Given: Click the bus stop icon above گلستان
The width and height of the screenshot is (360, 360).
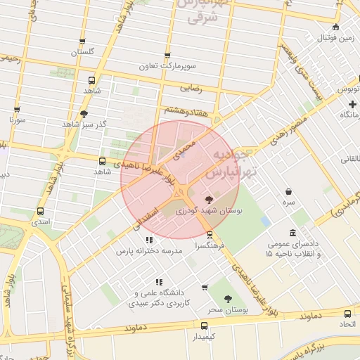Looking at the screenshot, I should tap(82, 41).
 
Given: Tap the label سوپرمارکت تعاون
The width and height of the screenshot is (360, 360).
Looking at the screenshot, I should tap(167, 66).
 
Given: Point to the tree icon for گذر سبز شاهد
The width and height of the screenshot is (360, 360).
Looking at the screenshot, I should tap(84, 112).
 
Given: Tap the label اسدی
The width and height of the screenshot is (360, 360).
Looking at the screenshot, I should tap(40, 221).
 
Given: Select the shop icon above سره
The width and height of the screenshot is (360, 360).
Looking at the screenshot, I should tap(288, 191).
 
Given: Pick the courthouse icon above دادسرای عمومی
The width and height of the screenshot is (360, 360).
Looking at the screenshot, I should tap(292, 233).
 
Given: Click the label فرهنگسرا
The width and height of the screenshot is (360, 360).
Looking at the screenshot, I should tap(210, 247).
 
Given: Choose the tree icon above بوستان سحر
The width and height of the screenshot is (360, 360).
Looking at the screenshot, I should tap(226, 300).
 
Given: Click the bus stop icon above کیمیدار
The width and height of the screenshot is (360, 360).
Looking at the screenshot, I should tap(204, 326).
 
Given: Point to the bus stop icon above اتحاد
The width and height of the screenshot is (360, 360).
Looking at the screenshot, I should tap(347, 314).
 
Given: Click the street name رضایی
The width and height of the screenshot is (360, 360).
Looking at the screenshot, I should tap(191, 89).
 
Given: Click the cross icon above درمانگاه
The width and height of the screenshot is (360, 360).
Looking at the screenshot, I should tap(352, 104).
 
